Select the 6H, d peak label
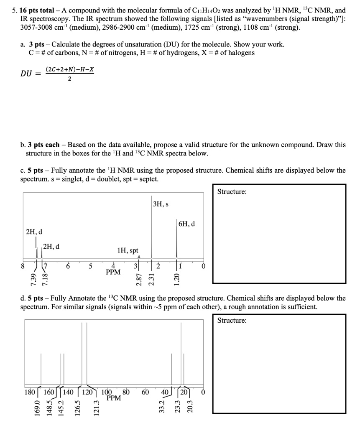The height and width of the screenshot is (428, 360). point(186,224)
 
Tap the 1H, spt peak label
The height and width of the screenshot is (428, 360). point(128,250)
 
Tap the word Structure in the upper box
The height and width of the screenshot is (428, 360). point(232,192)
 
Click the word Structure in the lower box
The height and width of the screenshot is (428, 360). point(232,321)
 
